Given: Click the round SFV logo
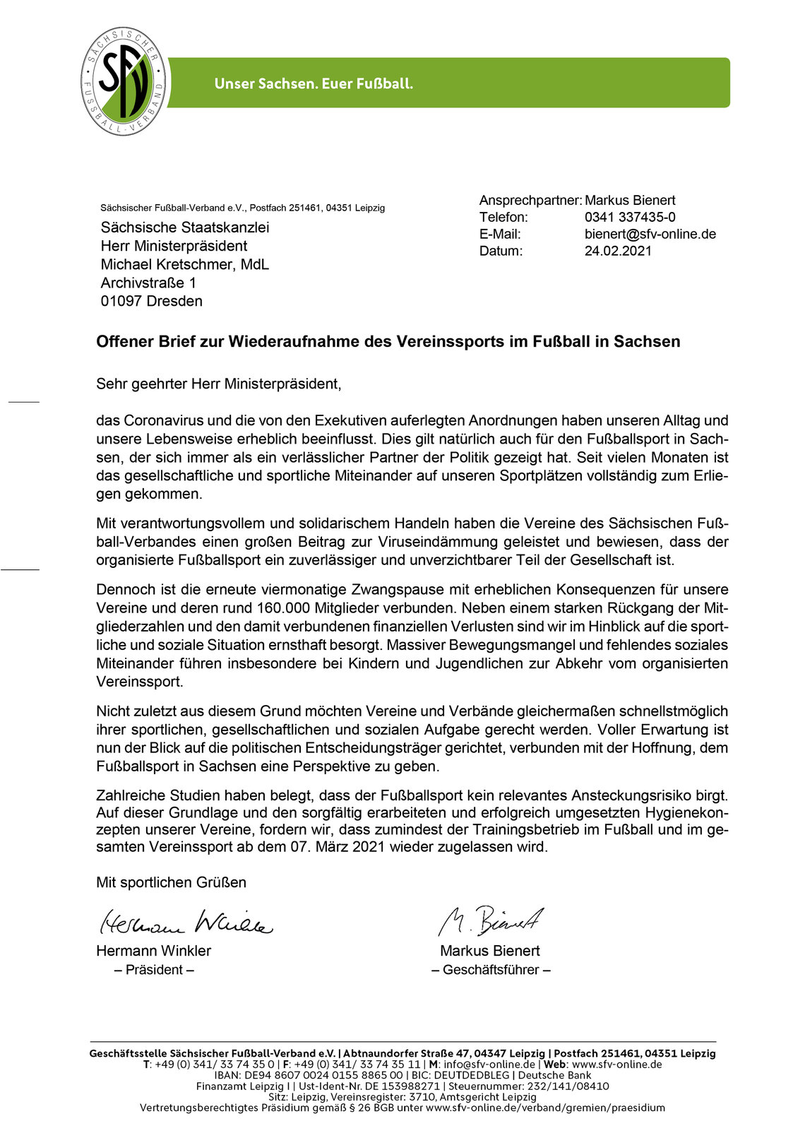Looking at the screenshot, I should (x=124, y=82).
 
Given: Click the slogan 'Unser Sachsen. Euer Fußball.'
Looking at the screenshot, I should (x=314, y=83).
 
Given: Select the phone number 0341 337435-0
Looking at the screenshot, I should (x=629, y=217).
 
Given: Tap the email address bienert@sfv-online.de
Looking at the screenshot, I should (x=650, y=234).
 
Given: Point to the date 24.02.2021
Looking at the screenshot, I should (x=618, y=251).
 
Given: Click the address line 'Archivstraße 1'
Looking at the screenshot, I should (x=148, y=283).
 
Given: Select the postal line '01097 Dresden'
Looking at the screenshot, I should (x=151, y=301).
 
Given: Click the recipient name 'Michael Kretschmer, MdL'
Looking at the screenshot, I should (x=184, y=264).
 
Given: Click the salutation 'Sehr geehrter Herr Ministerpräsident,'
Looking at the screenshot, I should (x=219, y=384).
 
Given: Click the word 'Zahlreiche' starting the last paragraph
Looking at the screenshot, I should (x=127, y=795).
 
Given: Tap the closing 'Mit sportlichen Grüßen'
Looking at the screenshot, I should (x=171, y=882).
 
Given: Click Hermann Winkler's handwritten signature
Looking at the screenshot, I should (x=186, y=922).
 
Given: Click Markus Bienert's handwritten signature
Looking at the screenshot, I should (x=491, y=920).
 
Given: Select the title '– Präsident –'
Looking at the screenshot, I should (x=154, y=970).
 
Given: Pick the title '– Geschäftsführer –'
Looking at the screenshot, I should (x=491, y=970).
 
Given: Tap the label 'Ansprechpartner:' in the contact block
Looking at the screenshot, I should (x=530, y=201).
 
